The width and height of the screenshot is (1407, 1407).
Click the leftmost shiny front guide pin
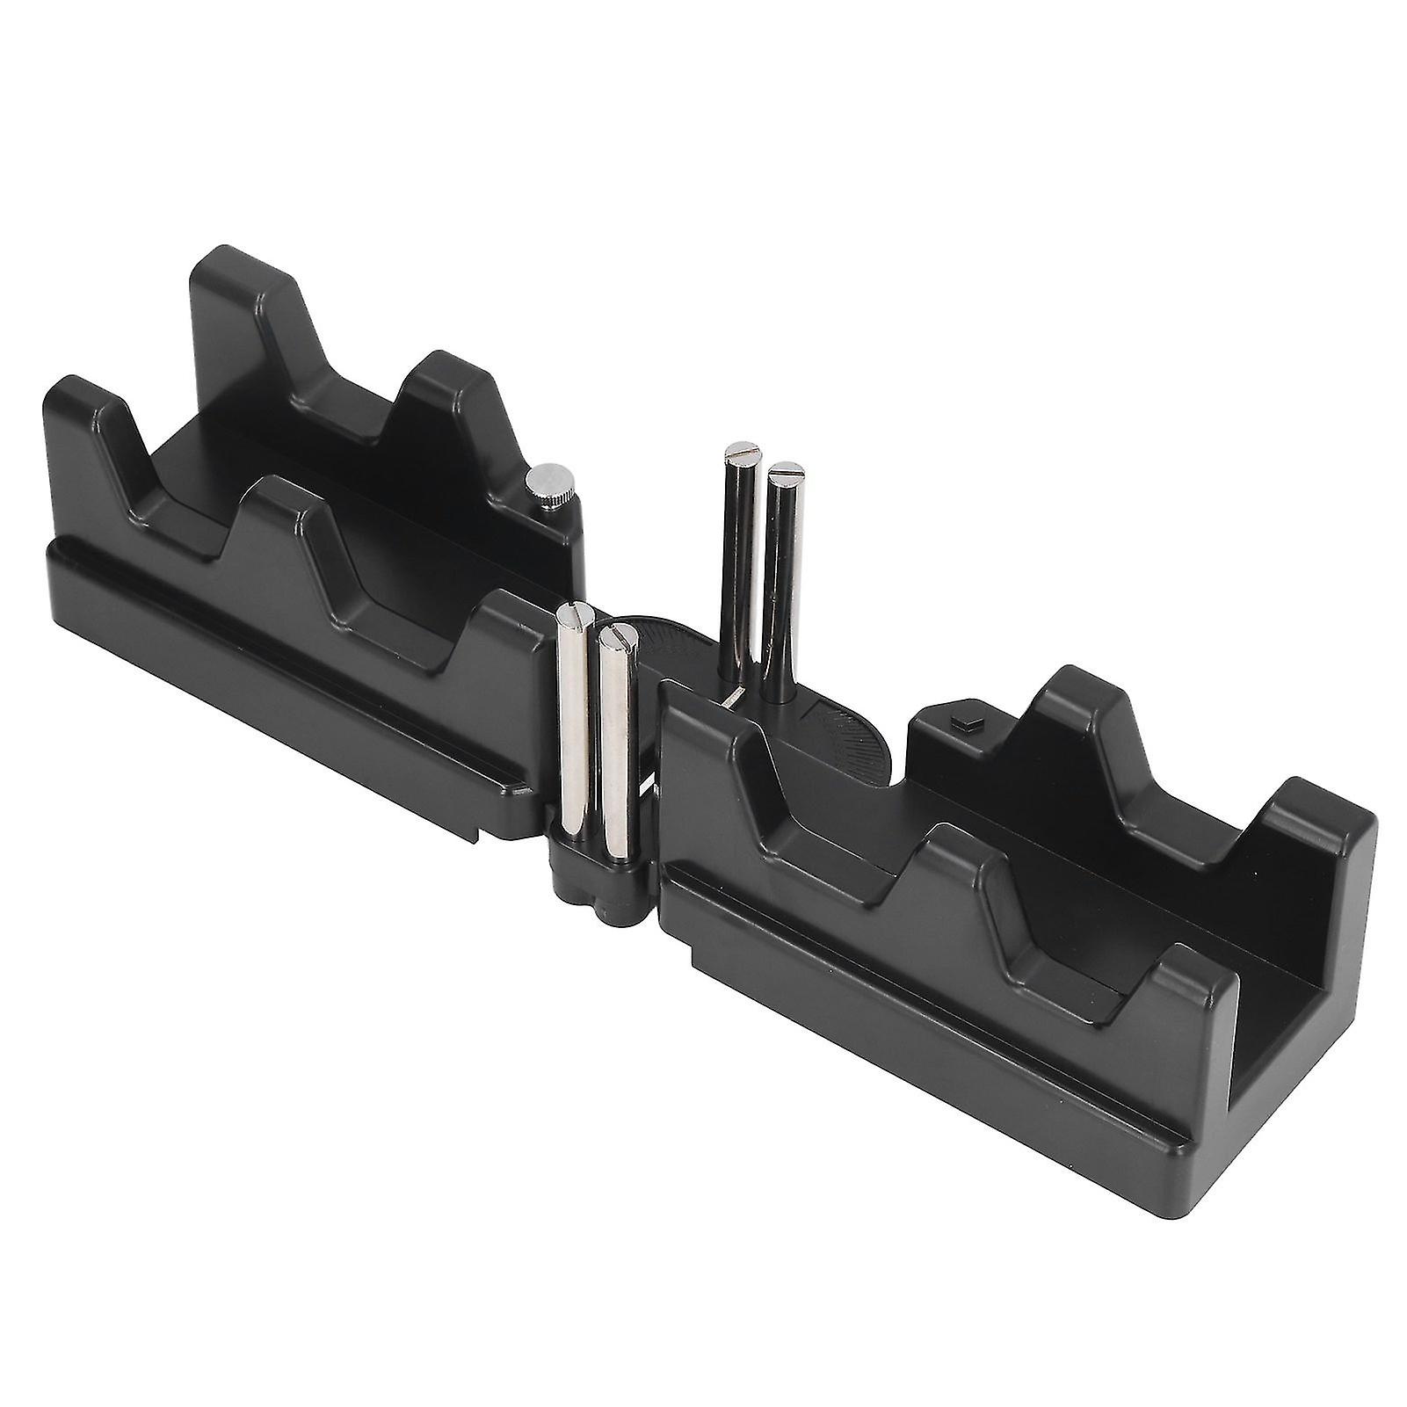tap(573, 712)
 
